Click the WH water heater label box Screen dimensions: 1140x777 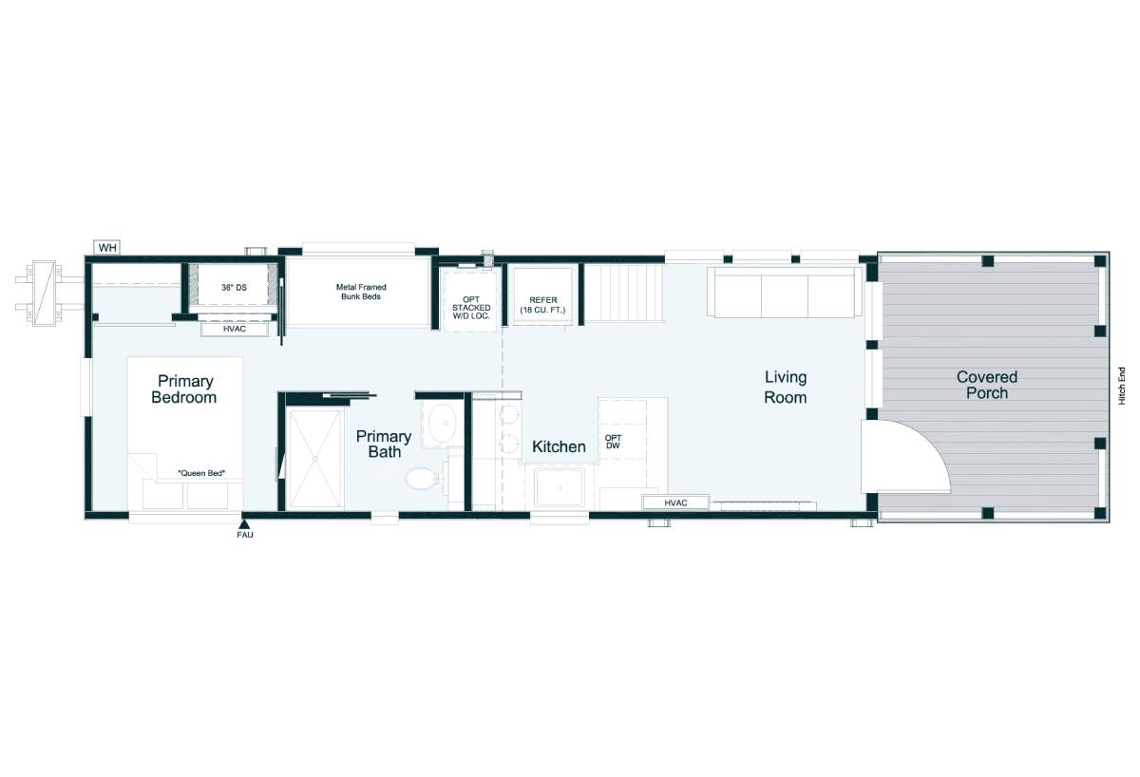pyautogui.click(x=106, y=248)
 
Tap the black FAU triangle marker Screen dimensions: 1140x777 pyautogui.click(x=244, y=524)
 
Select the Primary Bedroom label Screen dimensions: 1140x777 pyautogui.click(x=184, y=389)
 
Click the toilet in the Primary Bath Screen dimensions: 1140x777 pyautogui.click(x=423, y=479)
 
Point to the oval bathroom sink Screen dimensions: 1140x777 pyautogui.click(x=443, y=424)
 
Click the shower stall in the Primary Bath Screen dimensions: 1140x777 pyautogui.click(x=315, y=459)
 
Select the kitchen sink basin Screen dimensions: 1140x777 pyautogui.click(x=560, y=487)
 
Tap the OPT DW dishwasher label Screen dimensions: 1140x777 pyautogui.click(x=614, y=442)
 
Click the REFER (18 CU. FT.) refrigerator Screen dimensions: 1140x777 pyautogui.click(x=542, y=295)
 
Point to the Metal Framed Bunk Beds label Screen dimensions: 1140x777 pyautogui.click(x=361, y=292)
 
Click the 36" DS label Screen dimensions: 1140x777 pyautogui.click(x=234, y=288)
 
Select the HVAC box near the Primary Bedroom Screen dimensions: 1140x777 pyautogui.click(x=235, y=330)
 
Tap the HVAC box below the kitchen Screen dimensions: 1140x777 pyautogui.click(x=675, y=502)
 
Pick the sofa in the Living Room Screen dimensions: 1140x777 pyautogui.click(x=785, y=292)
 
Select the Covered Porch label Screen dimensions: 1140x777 pyautogui.click(x=987, y=385)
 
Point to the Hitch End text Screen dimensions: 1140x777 pyautogui.click(x=1122, y=387)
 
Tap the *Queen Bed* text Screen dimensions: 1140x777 pyautogui.click(x=201, y=473)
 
